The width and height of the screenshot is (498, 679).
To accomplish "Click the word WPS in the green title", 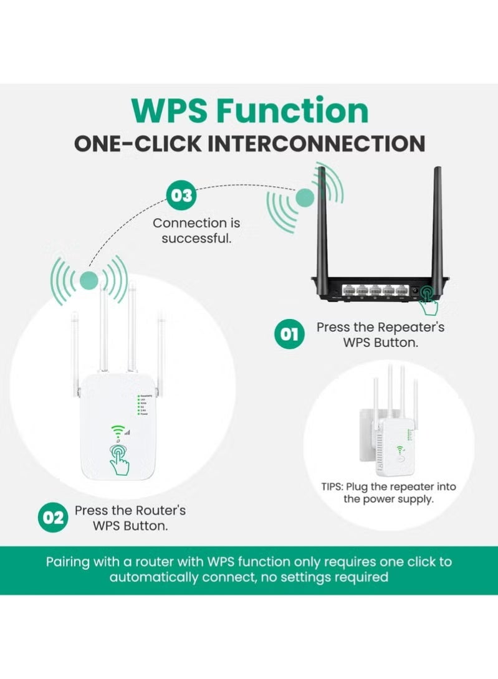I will (169, 110).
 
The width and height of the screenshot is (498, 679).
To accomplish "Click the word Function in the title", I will (292, 110).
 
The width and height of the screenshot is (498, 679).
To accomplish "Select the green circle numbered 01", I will (289, 335).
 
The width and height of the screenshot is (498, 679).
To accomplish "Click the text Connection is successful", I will (196, 230).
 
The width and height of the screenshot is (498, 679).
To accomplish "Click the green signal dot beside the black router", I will (304, 197).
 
